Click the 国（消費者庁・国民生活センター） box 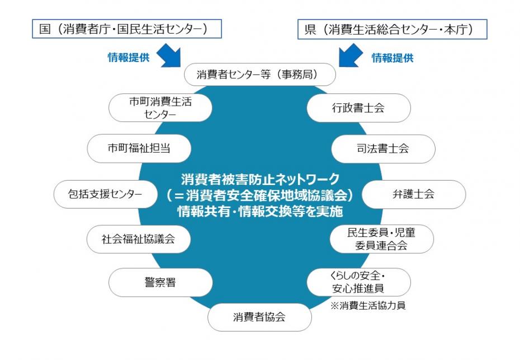click(126, 29)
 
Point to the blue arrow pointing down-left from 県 click(351, 56)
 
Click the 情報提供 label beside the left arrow click(128, 58)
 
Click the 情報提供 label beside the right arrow click(393, 58)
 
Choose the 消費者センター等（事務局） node click(260, 74)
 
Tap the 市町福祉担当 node click(139, 149)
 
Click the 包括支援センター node click(106, 194)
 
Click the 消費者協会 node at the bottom click(259, 317)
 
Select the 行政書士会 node click(358, 108)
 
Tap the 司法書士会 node click(383, 149)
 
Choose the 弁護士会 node click(413, 194)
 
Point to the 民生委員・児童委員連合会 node click(381, 239)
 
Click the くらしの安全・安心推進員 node click(358, 282)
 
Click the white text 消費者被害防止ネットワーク click(260, 180)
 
